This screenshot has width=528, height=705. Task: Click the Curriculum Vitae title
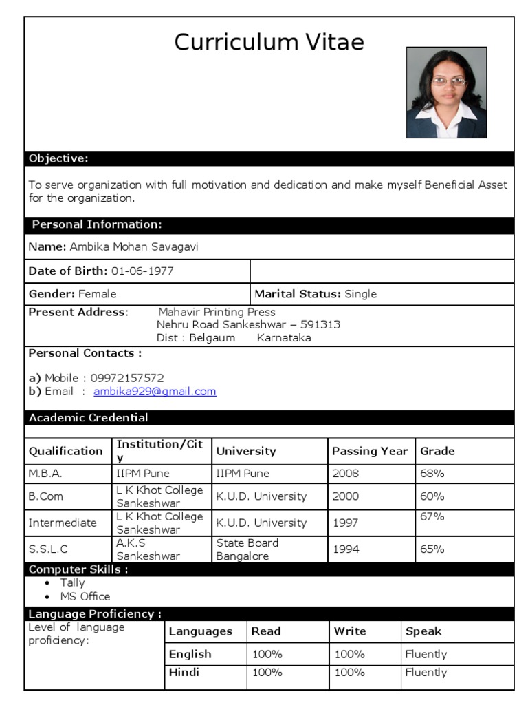(x=269, y=43)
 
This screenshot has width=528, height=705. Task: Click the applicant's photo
(x=446, y=92)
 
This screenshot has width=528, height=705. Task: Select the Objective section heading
(x=58, y=159)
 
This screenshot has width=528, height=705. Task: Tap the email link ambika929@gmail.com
(x=155, y=392)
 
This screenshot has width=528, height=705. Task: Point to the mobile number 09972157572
(x=127, y=378)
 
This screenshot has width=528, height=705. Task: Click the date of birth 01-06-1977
(x=142, y=271)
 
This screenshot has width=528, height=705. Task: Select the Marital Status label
(x=298, y=294)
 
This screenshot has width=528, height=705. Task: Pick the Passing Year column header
(x=370, y=452)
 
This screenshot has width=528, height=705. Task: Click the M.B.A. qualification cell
(x=45, y=474)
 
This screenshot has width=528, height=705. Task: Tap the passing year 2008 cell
(x=345, y=474)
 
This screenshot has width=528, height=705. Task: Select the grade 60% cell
(x=432, y=496)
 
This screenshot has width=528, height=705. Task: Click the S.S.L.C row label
(x=49, y=549)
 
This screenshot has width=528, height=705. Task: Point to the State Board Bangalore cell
(x=247, y=549)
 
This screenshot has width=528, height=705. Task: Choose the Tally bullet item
(x=73, y=583)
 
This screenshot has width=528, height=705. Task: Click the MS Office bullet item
(x=85, y=597)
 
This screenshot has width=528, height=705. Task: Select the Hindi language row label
(x=184, y=673)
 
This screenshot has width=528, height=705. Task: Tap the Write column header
(x=350, y=631)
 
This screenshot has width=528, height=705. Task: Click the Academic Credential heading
(x=88, y=418)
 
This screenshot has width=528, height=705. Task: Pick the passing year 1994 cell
(x=345, y=549)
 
